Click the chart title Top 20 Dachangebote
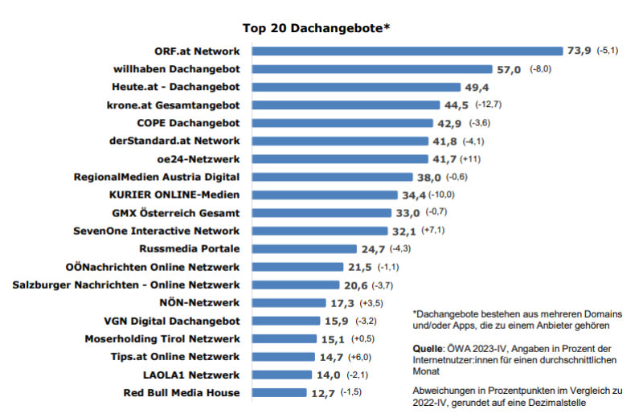(321, 28)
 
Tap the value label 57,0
(509, 69)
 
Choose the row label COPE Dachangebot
(188, 123)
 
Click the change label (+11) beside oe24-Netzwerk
(472, 159)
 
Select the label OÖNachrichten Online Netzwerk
(153, 267)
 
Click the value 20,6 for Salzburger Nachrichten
(355, 285)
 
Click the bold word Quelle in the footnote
(425, 349)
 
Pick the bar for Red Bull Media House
(277, 393)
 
